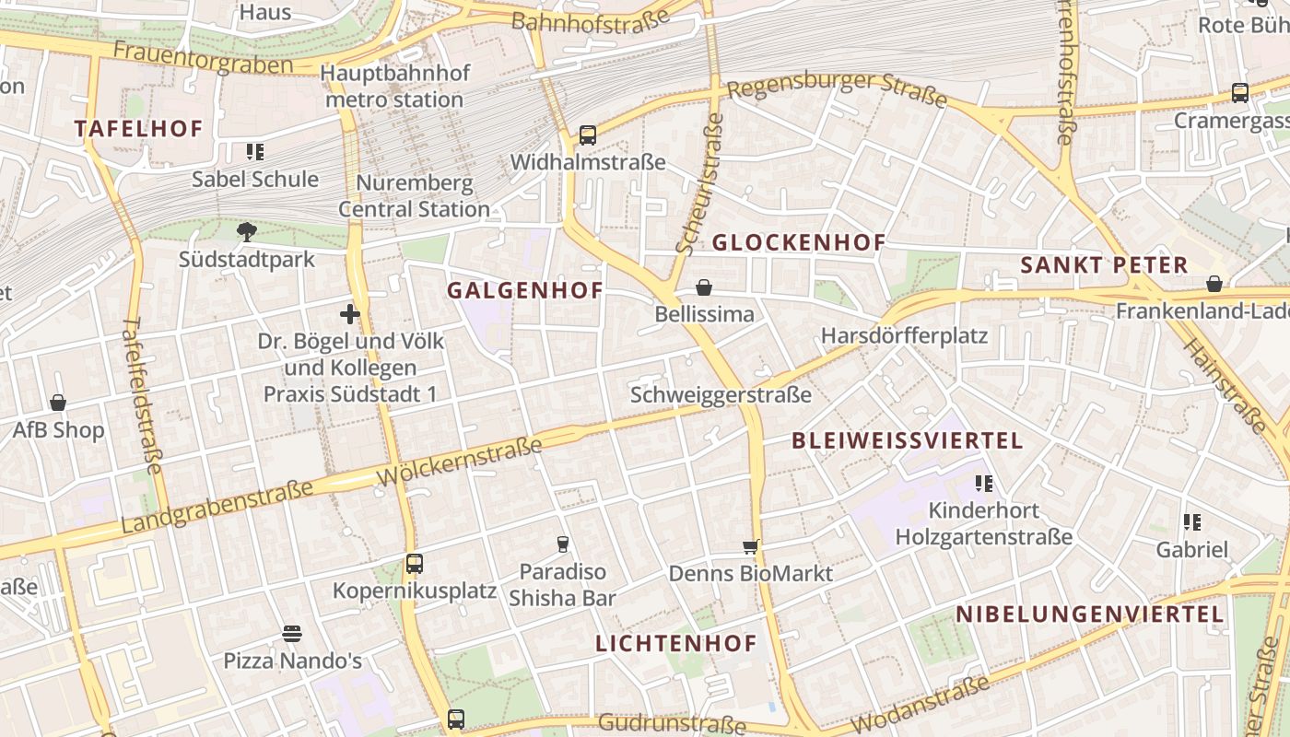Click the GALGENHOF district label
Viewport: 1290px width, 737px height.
pyautogui.click(x=525, y=290)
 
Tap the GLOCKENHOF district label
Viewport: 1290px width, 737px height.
pyautogui.click(x=799, y=242)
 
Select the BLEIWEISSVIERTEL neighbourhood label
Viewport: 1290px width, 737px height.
pyautogui.click(x=908, y=440)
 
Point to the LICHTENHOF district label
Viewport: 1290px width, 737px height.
pyautogui.click(x=676, y=643)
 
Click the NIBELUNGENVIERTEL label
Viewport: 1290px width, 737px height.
pyautogui.click(x=1089, y=614)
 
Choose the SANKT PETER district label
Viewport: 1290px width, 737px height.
pyautogui.click(x=1104, y=265)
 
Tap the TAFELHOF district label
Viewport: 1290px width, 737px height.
pyautogui.click(x=138, y=128)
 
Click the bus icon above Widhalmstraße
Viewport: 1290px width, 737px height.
pyautogui.click(x=588, y=135)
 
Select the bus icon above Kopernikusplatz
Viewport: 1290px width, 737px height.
pyautogui.click(x=415, y=563)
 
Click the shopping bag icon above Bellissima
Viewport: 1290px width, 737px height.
pyautogui.click(x=704, y=287)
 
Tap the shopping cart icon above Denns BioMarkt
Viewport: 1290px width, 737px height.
pyautogui.click(x=751, y=546)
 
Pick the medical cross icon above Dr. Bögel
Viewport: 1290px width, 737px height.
pyautogui.click(x=350, y=314)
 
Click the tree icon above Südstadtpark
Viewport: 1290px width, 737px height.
pyautogui.click(x=246, y=231)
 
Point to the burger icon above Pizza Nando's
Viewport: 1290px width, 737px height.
pyautogui.click(x=292, y=634)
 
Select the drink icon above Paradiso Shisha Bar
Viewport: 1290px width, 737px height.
pyautogui.click(x=562, y=544)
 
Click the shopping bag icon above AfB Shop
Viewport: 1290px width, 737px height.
pyautogui.click(x=58, y=403)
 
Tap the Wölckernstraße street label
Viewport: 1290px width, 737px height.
pyautogui.click(x=460, y=463)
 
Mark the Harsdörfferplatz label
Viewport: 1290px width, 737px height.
pyautogui.click(x=904, y=335)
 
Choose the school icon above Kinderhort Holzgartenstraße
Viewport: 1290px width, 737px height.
pyautogui.click(x=983, y=483)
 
